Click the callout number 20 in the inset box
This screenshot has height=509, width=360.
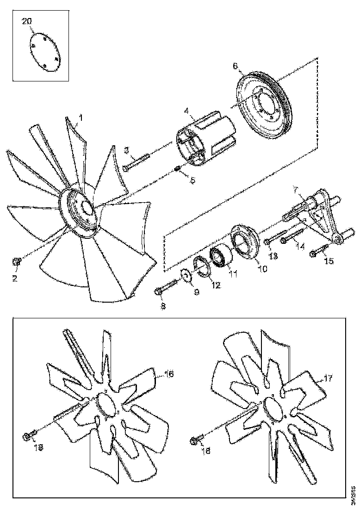point(27,22)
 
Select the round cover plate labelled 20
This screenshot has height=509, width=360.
point(45,52)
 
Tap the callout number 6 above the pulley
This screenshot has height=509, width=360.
point(235,66)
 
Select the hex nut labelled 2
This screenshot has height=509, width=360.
point(16,262)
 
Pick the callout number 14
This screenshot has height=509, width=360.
point(301,247)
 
